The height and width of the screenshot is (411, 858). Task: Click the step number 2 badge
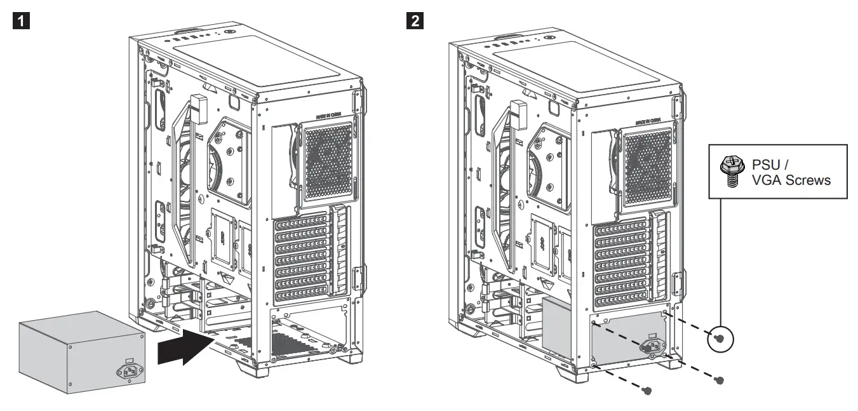pos(416,21)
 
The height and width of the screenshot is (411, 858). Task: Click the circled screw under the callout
pos(720,338)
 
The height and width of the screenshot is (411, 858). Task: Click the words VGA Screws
pos(790,180)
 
